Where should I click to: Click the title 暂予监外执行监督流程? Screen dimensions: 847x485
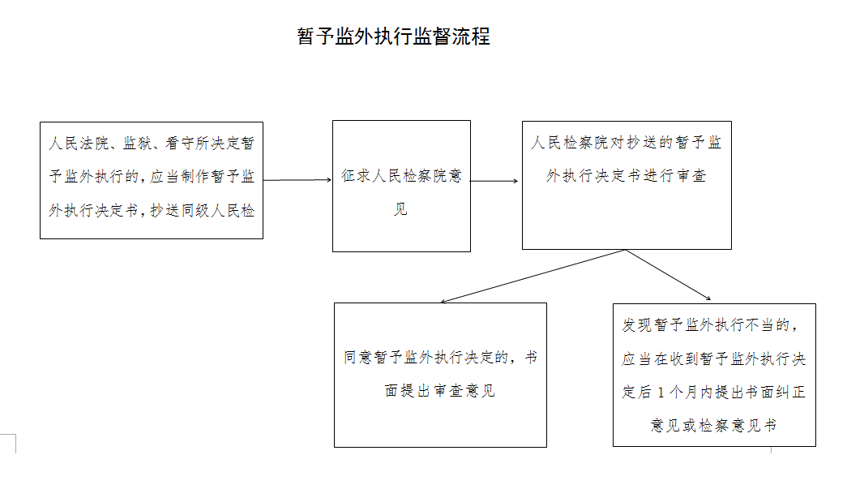(393, 36)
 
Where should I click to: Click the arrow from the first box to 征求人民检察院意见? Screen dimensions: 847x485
(297, 180)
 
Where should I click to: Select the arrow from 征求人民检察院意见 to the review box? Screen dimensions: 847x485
(494, 181)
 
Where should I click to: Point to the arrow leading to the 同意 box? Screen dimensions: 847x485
(533, 276)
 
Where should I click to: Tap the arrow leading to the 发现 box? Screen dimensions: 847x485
(668, 274)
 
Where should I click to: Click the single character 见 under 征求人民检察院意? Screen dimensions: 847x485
(400, 208)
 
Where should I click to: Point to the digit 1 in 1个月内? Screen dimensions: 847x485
(661, 393)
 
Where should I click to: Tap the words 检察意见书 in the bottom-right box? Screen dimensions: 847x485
(738, 426)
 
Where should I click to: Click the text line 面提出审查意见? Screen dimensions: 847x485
(439, 390)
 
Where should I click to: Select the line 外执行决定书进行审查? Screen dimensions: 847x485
(626, 176)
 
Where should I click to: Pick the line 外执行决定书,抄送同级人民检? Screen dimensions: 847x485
(152, 210)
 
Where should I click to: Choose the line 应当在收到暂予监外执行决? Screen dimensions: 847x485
(713, 359)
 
